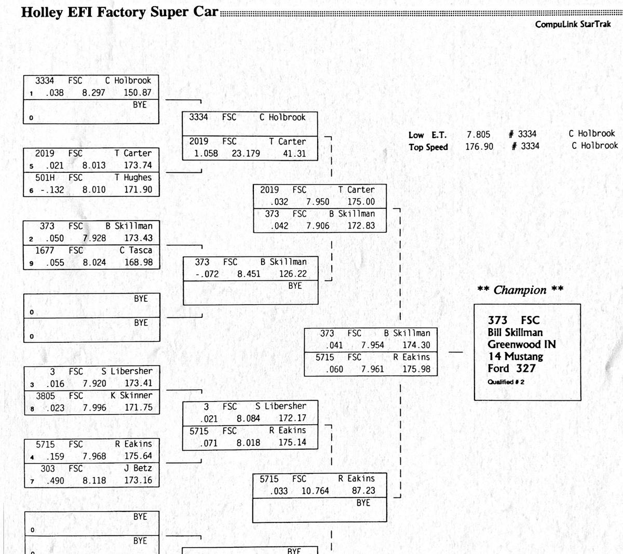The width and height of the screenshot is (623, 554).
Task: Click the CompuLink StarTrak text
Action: click(573, 24)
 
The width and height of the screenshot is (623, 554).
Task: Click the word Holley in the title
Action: click(42, 12)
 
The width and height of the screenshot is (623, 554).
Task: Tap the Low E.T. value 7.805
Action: click(478, 134)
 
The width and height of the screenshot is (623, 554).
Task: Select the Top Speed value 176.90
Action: click(479, 146)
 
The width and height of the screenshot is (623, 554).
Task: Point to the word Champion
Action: click(520, 290)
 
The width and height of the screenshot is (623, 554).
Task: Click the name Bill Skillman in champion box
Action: click(514, 332)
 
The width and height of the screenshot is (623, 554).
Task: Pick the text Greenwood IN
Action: click(521, 344)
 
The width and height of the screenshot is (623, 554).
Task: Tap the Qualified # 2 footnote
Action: click(506, 382)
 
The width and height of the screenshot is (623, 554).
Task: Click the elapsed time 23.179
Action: click(246, 153)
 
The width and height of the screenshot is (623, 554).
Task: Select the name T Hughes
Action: click(133, 178)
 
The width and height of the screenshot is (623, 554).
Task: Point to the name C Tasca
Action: click(136, 250)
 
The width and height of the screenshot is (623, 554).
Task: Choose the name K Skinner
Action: click(131, 396)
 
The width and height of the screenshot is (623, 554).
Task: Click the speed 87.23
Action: click(363, 491)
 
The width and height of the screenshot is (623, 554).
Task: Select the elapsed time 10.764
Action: click(315, 491)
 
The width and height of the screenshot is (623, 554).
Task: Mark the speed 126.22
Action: click(293, 274)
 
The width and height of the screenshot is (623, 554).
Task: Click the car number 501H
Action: click(45, 178)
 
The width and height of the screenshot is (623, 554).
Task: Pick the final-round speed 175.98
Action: click(416, 369)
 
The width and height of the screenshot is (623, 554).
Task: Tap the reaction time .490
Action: click(55, 481)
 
